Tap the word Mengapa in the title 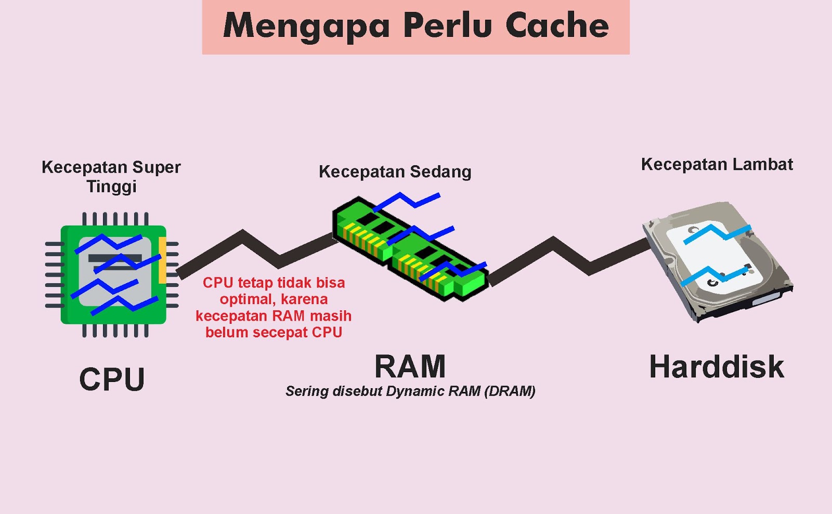click(306, 26)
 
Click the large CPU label click(112, 379)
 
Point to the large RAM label click(410, 366)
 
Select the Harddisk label click(717, 367)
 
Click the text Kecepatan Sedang click(395, 172)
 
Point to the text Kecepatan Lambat click(717, 164)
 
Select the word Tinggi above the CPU click(111, 186)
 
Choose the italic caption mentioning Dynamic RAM click(410, 391)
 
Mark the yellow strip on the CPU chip click(162, 260)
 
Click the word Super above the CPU click(157, 167)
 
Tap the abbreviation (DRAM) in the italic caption click(509, 391)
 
